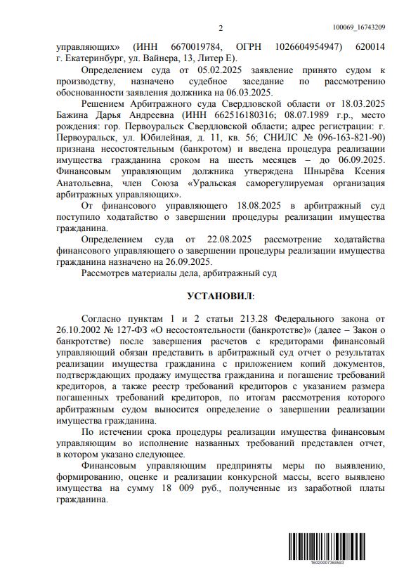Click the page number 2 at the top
(x=220, y=28)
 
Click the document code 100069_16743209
(x=358, y=27)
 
